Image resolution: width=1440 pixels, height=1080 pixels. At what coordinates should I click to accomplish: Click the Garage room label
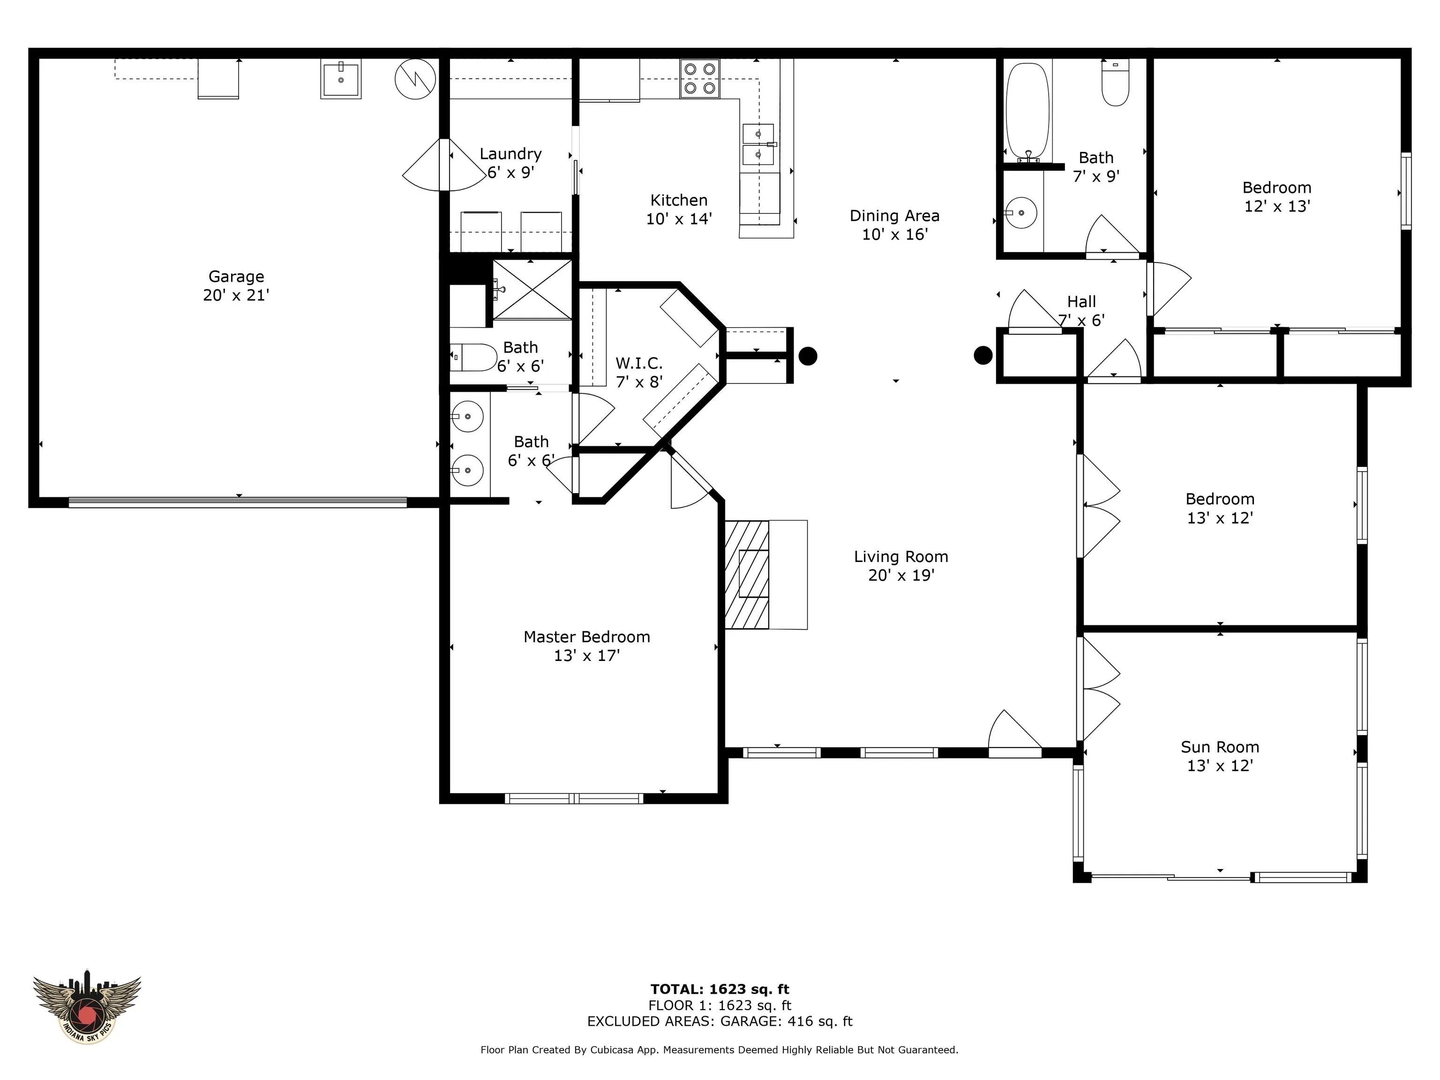(236, 277)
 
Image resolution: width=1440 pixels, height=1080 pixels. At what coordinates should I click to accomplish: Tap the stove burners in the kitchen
(700, 78)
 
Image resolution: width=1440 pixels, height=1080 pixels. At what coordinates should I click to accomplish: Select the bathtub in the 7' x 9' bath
(1027, 112)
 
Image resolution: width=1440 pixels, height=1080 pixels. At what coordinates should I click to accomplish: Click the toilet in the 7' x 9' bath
(1115, 82)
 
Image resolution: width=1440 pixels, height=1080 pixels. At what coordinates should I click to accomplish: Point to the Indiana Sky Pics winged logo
(87, 1006)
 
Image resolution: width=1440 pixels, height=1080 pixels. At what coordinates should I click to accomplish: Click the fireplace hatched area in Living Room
(747, 574)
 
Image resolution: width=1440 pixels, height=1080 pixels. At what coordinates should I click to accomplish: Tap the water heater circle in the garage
(415, 79)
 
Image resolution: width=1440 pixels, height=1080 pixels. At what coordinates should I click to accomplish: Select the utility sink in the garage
(340, 79)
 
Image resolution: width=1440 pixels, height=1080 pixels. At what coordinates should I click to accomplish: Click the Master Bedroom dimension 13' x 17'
(586, 656)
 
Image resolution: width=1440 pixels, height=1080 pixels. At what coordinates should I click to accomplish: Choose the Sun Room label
(1220, 747)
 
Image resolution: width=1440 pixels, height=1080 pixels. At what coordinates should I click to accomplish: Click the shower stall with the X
(532, 290)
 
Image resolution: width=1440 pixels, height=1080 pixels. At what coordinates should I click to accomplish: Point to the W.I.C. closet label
(639, 363)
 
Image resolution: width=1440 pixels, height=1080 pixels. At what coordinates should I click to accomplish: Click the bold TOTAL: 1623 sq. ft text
(720, 990)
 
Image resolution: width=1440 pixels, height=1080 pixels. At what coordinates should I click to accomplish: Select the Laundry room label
(510, 154)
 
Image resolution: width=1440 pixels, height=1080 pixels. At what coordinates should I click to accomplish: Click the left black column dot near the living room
(808, 356)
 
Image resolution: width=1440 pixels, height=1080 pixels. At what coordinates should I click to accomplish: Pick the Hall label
(1081, 301)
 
